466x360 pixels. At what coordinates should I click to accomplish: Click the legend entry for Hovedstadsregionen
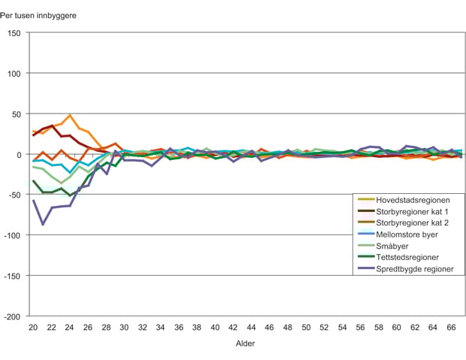(x=413, y=200)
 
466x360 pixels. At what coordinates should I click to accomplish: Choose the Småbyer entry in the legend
(x=394, y=245)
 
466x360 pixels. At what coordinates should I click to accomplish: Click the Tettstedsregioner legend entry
(x=407, y=256)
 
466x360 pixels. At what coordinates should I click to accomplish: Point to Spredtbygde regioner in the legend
(x=415, y=268)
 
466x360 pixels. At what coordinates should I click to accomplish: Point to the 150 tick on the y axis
(x=16, y=33)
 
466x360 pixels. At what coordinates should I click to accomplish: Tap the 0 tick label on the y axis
(x=20, y=154)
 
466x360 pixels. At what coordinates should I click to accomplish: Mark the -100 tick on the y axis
(x=14, y=235)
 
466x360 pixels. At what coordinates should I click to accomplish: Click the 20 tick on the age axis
(x=33, y=328)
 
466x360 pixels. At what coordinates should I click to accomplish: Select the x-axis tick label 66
(x=452, y=328)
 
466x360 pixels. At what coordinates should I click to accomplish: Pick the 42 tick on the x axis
(x=233, y=328)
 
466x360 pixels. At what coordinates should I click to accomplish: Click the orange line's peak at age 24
(x=70, y=116)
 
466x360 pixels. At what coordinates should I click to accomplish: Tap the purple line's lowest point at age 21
(x=43, y=224)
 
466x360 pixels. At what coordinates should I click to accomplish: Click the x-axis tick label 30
(x=124, y=328)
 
